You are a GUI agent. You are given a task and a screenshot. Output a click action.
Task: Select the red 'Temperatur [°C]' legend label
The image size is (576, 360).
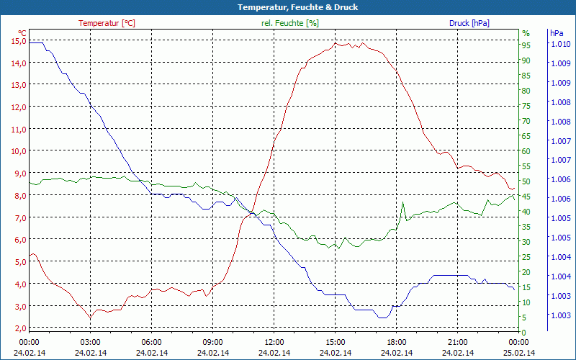coord(107,23)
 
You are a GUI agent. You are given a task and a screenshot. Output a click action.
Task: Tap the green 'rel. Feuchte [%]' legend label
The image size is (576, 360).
coord(289,23)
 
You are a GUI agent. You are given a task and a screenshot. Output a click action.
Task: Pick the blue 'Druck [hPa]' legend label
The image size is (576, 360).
coord(469,23)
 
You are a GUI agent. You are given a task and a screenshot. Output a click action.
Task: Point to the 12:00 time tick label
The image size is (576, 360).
coord(274,342)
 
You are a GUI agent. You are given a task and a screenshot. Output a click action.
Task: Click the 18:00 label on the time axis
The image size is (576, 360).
coord(396,342)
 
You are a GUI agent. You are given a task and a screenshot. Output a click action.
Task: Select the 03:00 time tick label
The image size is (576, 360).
coord(90,342)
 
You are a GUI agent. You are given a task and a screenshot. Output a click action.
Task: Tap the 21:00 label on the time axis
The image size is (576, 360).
coord(457,342)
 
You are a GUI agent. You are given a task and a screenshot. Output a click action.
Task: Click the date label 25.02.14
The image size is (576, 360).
coord(519,353)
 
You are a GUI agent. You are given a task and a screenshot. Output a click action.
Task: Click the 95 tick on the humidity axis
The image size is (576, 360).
coord(526,45)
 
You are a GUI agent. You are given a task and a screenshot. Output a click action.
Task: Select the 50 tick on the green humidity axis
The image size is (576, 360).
coord(526,181)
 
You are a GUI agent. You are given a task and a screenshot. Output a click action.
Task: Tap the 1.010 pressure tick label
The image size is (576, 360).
coord(560,44)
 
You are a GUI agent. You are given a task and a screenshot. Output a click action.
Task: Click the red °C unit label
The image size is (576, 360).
coord(22,33)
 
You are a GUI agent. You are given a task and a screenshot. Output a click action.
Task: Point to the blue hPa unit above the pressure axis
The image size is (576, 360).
coord(557,33)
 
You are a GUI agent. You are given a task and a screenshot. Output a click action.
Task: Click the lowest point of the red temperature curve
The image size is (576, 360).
coord(90,318)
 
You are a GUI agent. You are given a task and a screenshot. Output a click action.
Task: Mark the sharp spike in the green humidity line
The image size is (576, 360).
coord(402,203)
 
